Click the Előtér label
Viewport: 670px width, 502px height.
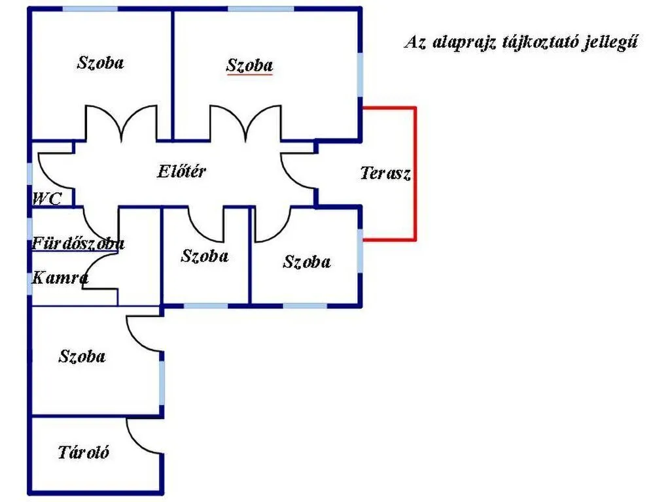[182, 171]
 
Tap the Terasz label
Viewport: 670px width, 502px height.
[385, 173]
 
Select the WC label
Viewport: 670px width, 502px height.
[47, 199]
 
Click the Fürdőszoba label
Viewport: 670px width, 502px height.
[79, 243]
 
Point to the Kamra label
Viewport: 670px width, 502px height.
[60, 278]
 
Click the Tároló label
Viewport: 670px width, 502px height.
[83, 452]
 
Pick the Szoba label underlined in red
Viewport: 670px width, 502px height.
[249, 65]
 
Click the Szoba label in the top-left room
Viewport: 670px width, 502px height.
[100, 62]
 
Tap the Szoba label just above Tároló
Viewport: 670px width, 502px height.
[82, 356]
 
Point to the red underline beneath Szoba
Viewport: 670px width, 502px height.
[249, 75]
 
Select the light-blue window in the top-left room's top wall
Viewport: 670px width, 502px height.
[90, 8]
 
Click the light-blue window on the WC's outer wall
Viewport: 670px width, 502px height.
[30, 174]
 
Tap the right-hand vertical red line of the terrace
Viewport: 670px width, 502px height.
[414, 174]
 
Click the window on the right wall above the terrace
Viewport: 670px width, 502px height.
[361, 75]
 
